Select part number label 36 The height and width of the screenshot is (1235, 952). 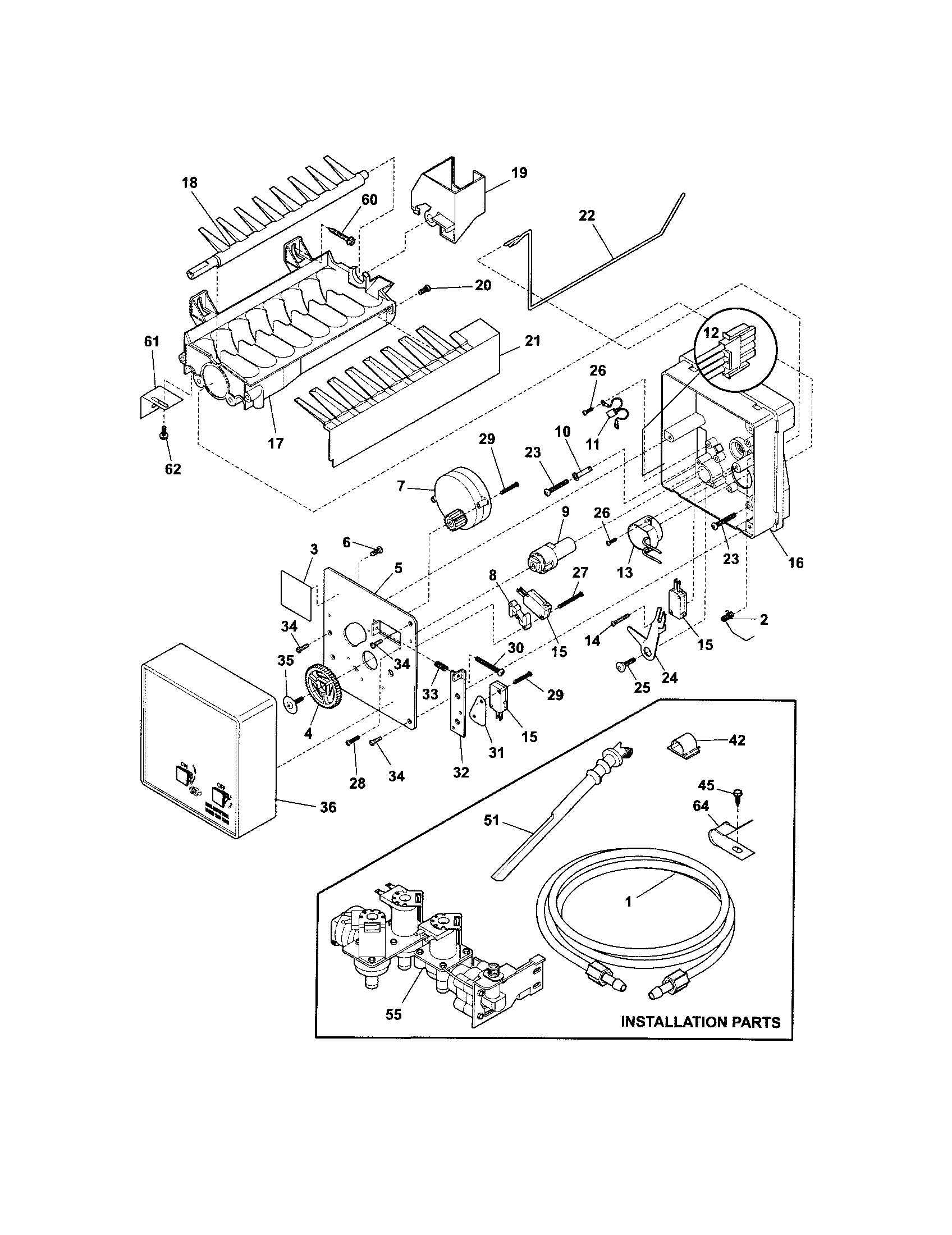tap(328, 807)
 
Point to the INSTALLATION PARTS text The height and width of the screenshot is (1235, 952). tap(701, 1022)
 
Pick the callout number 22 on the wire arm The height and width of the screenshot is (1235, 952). tap(587, 216)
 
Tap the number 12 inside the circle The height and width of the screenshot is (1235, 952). tap(710, 335)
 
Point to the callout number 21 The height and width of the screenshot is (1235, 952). tap(532, 341)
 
